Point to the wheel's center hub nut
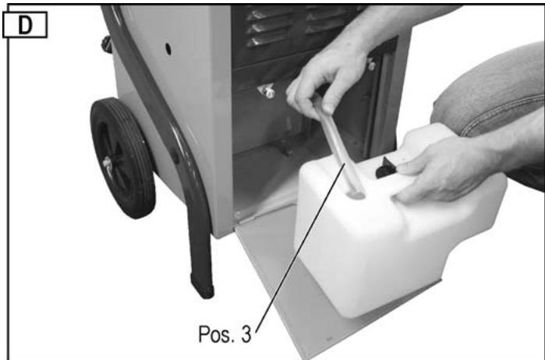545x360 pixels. click(106, 163)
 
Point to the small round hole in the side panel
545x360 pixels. click(168, 48)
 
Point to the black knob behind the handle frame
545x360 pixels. click(106, 44)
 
